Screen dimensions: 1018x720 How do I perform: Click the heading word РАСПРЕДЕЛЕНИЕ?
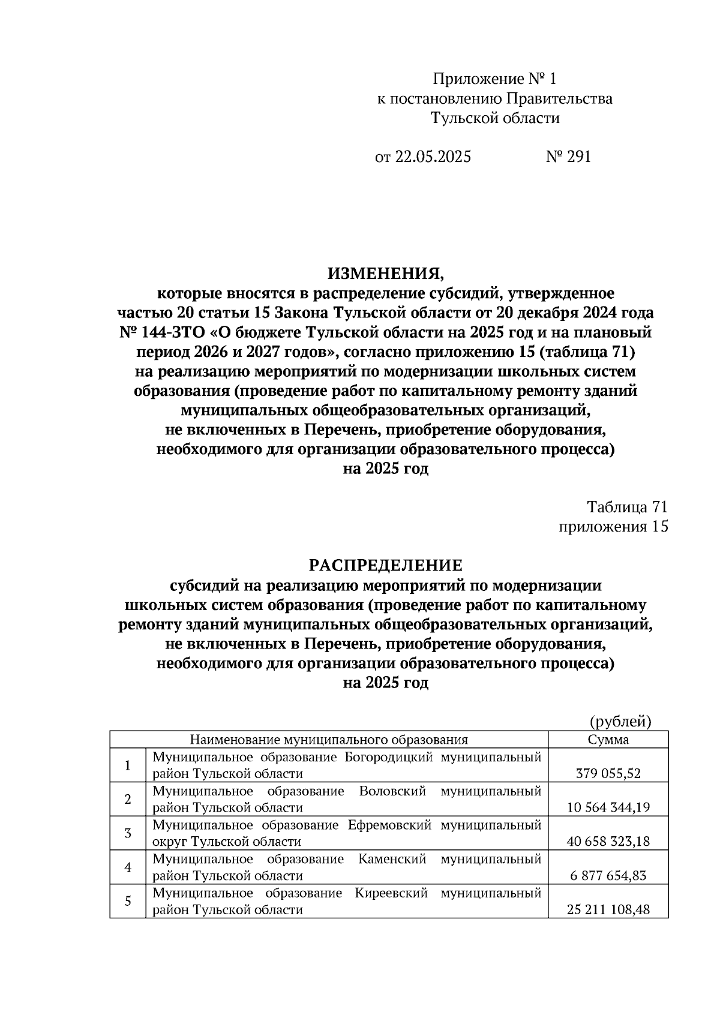[x=386, y=565]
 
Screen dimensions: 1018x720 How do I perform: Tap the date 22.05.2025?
[x=432, y=157]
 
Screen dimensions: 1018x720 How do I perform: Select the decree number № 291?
[x=568, y=157]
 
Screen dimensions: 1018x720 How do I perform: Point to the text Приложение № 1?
[x=495, y=79]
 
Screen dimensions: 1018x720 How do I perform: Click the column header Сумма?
[x=608, y=739]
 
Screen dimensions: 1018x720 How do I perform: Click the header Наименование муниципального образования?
[x=329, y=739]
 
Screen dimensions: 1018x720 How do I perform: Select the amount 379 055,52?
[x=608, y=774]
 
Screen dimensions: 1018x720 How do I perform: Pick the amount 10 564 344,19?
[x=608, y=807]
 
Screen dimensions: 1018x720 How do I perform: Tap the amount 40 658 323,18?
[x=608, y=842]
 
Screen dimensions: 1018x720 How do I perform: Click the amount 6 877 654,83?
[x=608, y=876]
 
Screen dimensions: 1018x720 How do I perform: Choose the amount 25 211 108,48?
[x=608, y=910]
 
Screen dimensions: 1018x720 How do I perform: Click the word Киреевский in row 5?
[x=391, y=893]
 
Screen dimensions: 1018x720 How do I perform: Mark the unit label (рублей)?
[x=620, y=721]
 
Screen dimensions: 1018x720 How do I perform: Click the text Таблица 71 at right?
[x=627, y=507]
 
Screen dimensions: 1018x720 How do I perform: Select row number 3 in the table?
[x=128, y=833]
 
